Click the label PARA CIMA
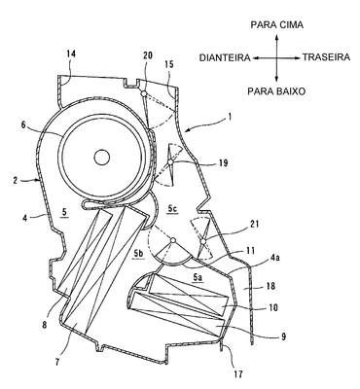277,25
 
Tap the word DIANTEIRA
225,58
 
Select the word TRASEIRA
326,57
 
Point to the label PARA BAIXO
276,91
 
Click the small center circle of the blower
102,158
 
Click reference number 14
71,53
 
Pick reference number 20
148,55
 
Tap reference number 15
169,64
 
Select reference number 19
224,162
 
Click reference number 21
255,224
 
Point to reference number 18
270,286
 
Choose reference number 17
238,374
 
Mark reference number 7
57,362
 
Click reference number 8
45,325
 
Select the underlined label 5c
172,210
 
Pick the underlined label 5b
138,254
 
